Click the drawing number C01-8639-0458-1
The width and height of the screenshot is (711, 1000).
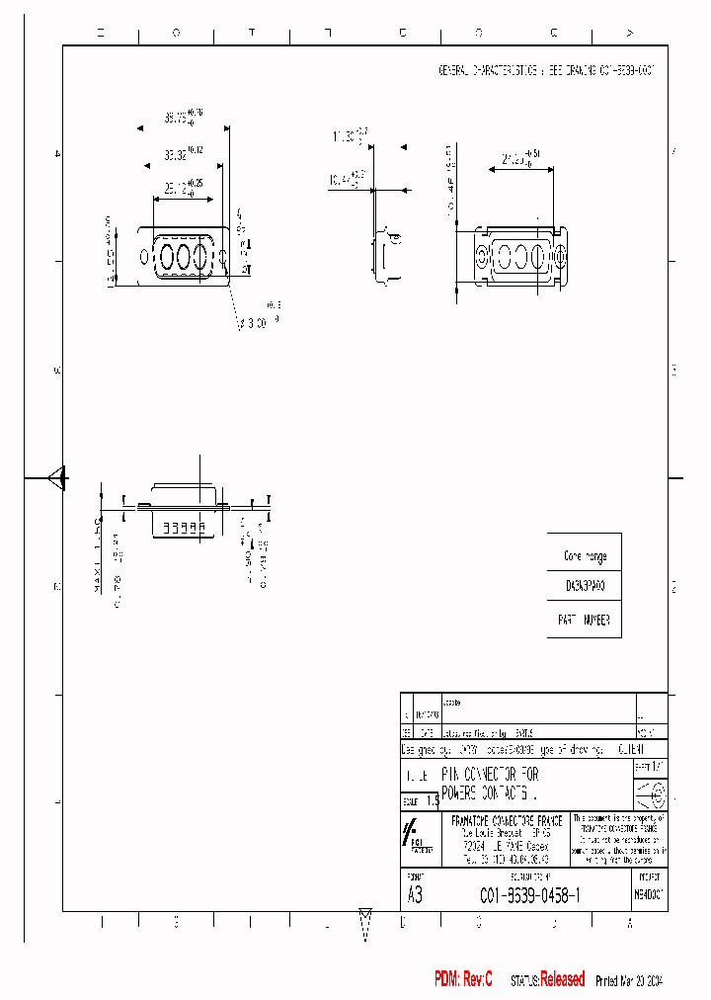[x=529, y=895]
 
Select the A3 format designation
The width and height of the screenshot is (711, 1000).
[x=415, y=895]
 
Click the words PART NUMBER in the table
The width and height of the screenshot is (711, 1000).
[x=584, y=620]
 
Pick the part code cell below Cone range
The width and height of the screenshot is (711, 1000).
[x=584, y=586]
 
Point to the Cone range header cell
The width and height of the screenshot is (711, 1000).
[x=584, y=555]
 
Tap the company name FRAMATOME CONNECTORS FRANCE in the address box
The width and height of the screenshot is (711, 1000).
[x=506, y=821]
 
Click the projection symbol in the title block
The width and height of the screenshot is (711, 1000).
[x=650, y=794]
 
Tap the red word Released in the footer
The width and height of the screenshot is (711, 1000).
[x=562, y=978]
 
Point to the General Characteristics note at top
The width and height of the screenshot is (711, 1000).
[x=545, y=71]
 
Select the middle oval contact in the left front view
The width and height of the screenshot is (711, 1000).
[x=184, y=257]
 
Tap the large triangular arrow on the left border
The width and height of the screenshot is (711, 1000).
[x=57, y=478]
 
